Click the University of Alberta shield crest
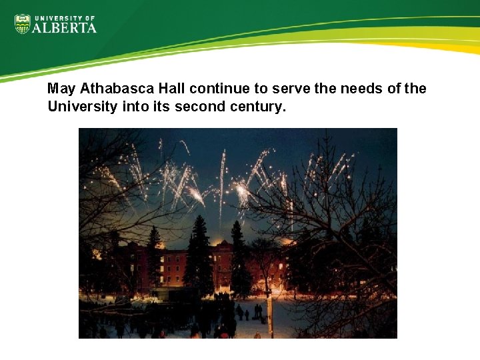pos(23,24)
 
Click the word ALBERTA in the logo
pos(65,28)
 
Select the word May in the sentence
pos(62,89)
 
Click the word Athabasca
pos(111,89)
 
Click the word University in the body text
pos(79,106)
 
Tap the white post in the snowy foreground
pos(269,313)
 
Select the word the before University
pos(415,89)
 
